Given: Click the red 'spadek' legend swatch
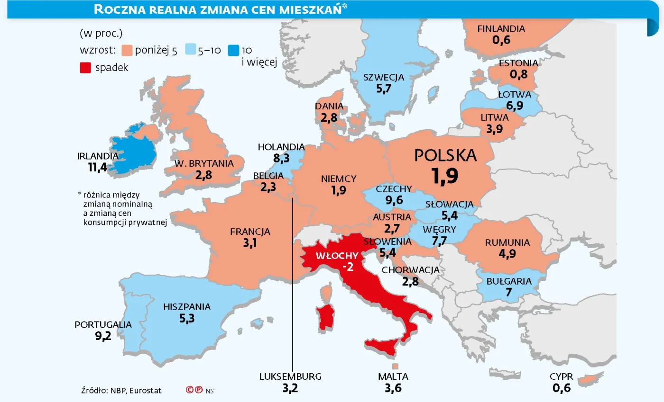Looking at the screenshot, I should [85, 67].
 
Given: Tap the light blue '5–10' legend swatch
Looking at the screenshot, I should [189, 51].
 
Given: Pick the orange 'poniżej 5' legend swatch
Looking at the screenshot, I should [127, 51].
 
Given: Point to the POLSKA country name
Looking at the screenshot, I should [445, 155].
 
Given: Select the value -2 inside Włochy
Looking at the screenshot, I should [348, 267].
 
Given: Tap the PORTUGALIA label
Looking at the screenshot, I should [103, 325].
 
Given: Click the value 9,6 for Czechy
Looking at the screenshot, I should [394, 200].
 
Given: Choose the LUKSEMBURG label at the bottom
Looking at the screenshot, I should [290, 377].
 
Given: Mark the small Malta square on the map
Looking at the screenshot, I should [395, 366].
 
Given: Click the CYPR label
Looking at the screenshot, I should [562, 377].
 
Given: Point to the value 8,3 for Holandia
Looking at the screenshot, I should [281, 158].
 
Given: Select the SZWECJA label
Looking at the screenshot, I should [383, 77].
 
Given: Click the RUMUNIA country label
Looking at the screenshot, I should [507, 242].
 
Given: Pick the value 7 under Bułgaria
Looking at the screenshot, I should [509, 292].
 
